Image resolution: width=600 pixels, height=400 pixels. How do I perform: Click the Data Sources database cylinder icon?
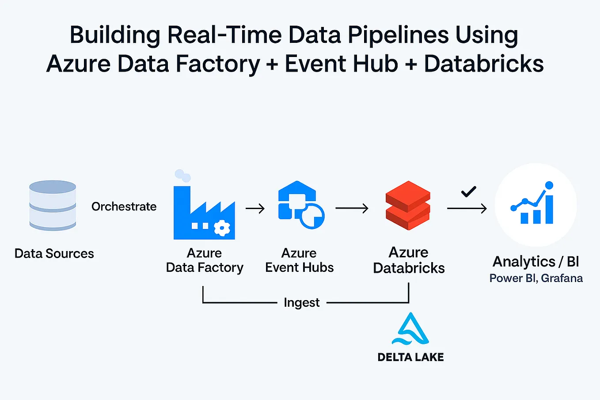tap(53, 206)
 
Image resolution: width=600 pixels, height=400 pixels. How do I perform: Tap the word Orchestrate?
tap(124, 206)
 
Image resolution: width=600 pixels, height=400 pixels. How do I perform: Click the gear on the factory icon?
tap(222, 228)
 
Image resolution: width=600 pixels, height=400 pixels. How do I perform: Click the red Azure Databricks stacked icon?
tap(407, 205)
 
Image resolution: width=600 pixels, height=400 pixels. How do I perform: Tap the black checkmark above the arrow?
tap(468, 191)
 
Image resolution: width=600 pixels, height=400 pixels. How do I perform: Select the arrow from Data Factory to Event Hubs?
tap(255, 208)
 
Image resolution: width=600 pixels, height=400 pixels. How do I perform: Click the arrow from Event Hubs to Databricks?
tap(352, 208)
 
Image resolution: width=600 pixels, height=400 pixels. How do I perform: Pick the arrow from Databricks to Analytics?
tap(467, 208)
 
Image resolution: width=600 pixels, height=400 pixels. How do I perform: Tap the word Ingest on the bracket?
tap(301, 303)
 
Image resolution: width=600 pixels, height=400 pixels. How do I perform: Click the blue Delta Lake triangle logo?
tap(410, 329)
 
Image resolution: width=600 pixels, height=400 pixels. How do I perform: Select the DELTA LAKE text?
tap(410, 357)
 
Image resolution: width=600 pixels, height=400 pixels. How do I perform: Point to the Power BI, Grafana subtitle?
tap(535, 278)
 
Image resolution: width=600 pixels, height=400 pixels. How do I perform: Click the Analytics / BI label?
tap(535, 262)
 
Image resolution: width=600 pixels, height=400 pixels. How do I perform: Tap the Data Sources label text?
tap(54, 254)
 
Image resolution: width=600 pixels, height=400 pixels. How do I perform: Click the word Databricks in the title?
tap(484, 64)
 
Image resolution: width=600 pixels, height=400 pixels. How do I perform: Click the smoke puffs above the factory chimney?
tap(182, 175)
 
